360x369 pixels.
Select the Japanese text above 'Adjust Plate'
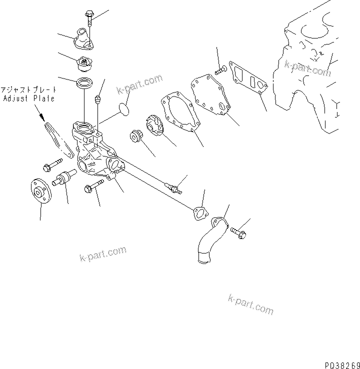click(28, 90)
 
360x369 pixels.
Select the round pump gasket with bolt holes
click(180, 114)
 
